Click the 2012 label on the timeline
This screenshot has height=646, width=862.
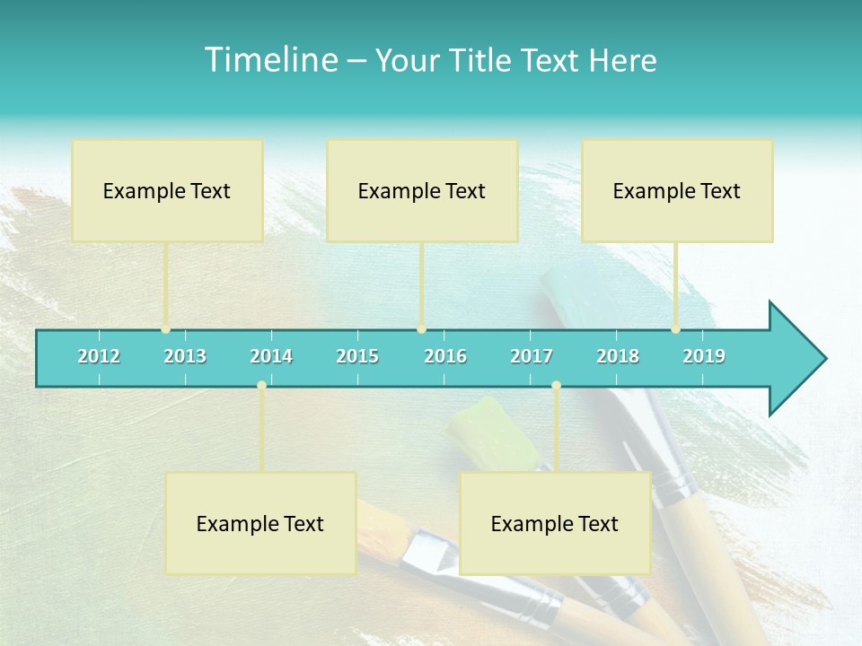tap(99, 356)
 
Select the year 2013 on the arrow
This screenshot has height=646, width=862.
tap(185, 356)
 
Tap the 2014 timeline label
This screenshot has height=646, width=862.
tap(271, 356)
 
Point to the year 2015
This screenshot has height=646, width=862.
tap(357, 356)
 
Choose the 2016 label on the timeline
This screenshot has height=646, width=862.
tap(445, 356)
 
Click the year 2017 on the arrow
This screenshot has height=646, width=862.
tap(532, 356)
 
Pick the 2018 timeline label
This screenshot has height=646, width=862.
tap(618, 356)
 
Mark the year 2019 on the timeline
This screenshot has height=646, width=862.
tap(704, 356)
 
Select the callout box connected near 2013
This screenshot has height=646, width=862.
tap(167, 190)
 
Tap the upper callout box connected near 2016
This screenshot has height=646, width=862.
tap(422, 190)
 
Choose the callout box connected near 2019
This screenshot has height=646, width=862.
tap(677, 190)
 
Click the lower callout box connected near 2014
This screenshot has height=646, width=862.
tap(260, 523)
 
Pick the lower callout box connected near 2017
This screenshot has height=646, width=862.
tap(555, 523)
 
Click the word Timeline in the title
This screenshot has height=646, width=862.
tap(269, 60)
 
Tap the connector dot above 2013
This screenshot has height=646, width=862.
tap(166, 329)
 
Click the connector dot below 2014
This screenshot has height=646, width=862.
tap(261, 385)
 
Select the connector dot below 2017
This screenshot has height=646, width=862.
tap(556, 385)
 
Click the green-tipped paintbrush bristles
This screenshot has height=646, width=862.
tap(489, 431)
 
